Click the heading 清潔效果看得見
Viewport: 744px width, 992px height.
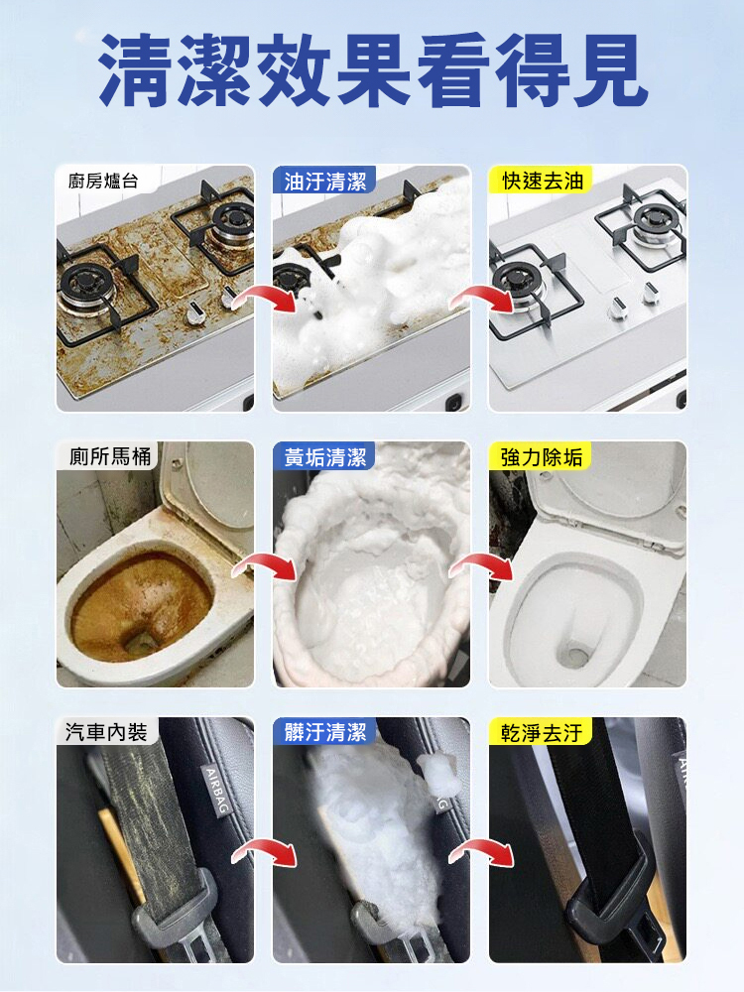[x=373, y=70]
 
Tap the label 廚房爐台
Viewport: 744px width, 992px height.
[x=103, y=182]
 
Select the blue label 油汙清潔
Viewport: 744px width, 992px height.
[x=325, y=182]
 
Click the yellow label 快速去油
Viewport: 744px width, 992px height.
[x=543, y=181]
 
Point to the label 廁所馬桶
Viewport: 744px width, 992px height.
[x=110, y=456]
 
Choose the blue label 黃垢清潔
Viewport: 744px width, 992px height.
[x=325, y=456]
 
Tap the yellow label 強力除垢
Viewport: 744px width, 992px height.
[x=542, y=456]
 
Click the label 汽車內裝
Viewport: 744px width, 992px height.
[x=106, y=732]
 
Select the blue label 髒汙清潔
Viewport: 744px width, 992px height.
[x=325, y=732]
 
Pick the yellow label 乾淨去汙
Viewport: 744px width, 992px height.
[x=542, y=733]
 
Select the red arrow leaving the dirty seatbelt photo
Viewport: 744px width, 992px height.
[x=265, y=850]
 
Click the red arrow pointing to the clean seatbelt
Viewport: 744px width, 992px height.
[x=481, y=850]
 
